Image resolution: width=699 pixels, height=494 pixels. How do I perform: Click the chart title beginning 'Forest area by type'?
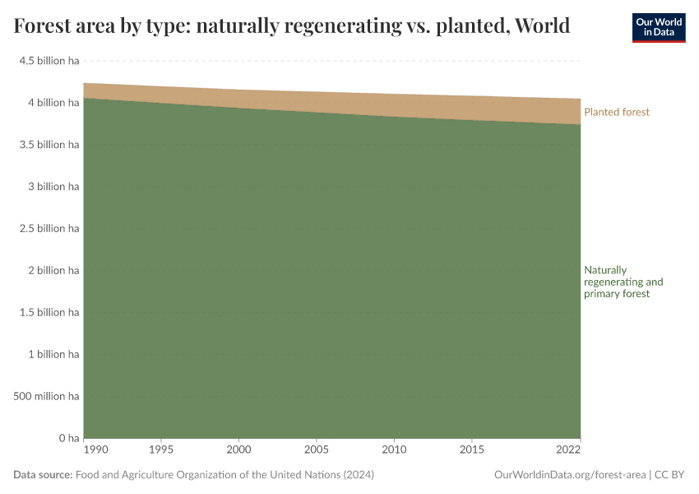tap(292, 26)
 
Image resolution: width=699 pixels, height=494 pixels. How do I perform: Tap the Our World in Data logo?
tap(658, 27)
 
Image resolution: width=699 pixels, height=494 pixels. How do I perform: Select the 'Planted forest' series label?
tap(616, 112)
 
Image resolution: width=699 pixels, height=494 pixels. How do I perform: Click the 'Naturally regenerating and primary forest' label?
tap(623, 282)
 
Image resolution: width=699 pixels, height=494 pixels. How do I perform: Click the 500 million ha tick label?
tap(46, 397)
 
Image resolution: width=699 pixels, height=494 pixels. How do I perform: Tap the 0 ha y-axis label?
tap(67, 438)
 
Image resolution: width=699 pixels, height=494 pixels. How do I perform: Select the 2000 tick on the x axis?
tap(238, 450)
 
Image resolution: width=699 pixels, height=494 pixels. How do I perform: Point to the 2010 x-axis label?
tap(394, 450)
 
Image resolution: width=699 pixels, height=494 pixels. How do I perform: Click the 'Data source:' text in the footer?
tap(43, 475)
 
